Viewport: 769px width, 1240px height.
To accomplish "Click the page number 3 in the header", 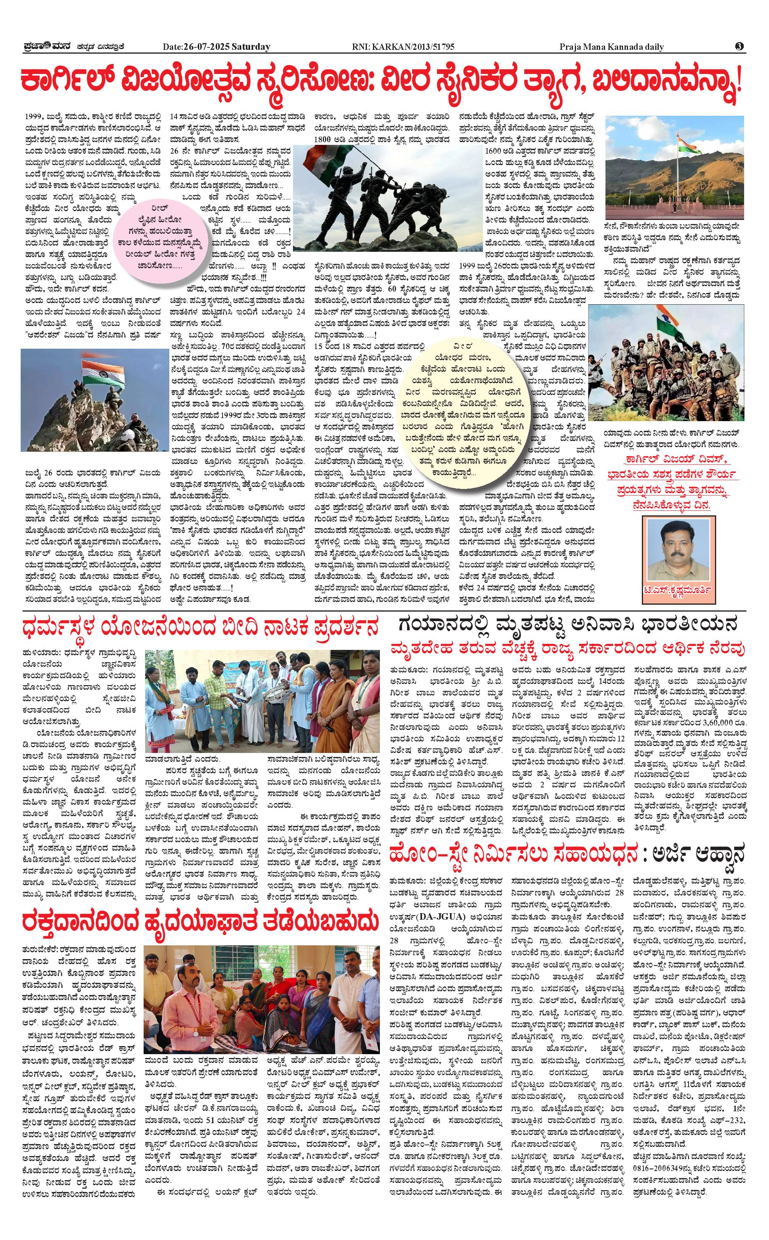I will click(x=740, y=47).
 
